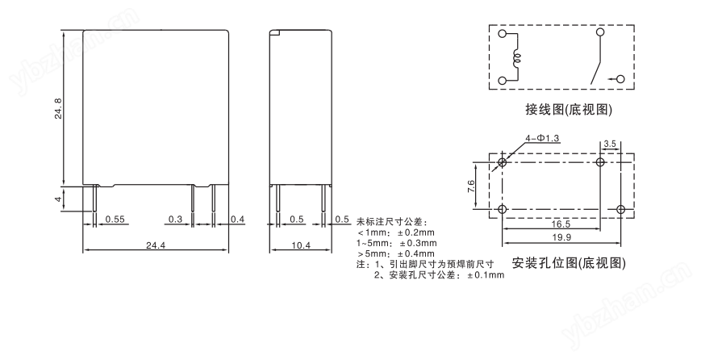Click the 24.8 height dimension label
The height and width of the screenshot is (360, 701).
[58, 108]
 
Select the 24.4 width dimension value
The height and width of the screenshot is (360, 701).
[156, 245]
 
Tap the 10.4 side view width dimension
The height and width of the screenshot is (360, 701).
[300, 245]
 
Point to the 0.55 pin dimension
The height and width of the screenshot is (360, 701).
[115, 219]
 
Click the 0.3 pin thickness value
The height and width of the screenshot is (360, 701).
[176, 219]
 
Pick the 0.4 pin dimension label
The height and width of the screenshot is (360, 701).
[238, 219]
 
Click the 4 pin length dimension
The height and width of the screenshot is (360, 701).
[58, 199]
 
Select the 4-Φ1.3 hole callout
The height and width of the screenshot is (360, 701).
[542, 139]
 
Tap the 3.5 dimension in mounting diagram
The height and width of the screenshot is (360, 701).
[610, 144]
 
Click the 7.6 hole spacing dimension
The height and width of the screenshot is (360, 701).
[471, 186]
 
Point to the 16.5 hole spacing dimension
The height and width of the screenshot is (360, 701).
[561, 224]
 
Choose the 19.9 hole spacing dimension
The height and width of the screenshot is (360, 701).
[561, 237]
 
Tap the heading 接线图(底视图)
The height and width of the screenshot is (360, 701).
[568, 110]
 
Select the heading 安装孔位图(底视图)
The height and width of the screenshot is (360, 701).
[568, 263]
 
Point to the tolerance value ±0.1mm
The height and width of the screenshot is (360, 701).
[486, 275]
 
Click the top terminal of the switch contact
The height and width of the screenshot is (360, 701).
[600, 32]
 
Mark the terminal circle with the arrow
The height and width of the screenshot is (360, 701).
[620, 79]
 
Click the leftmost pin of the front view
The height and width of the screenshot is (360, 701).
[95, 198]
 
